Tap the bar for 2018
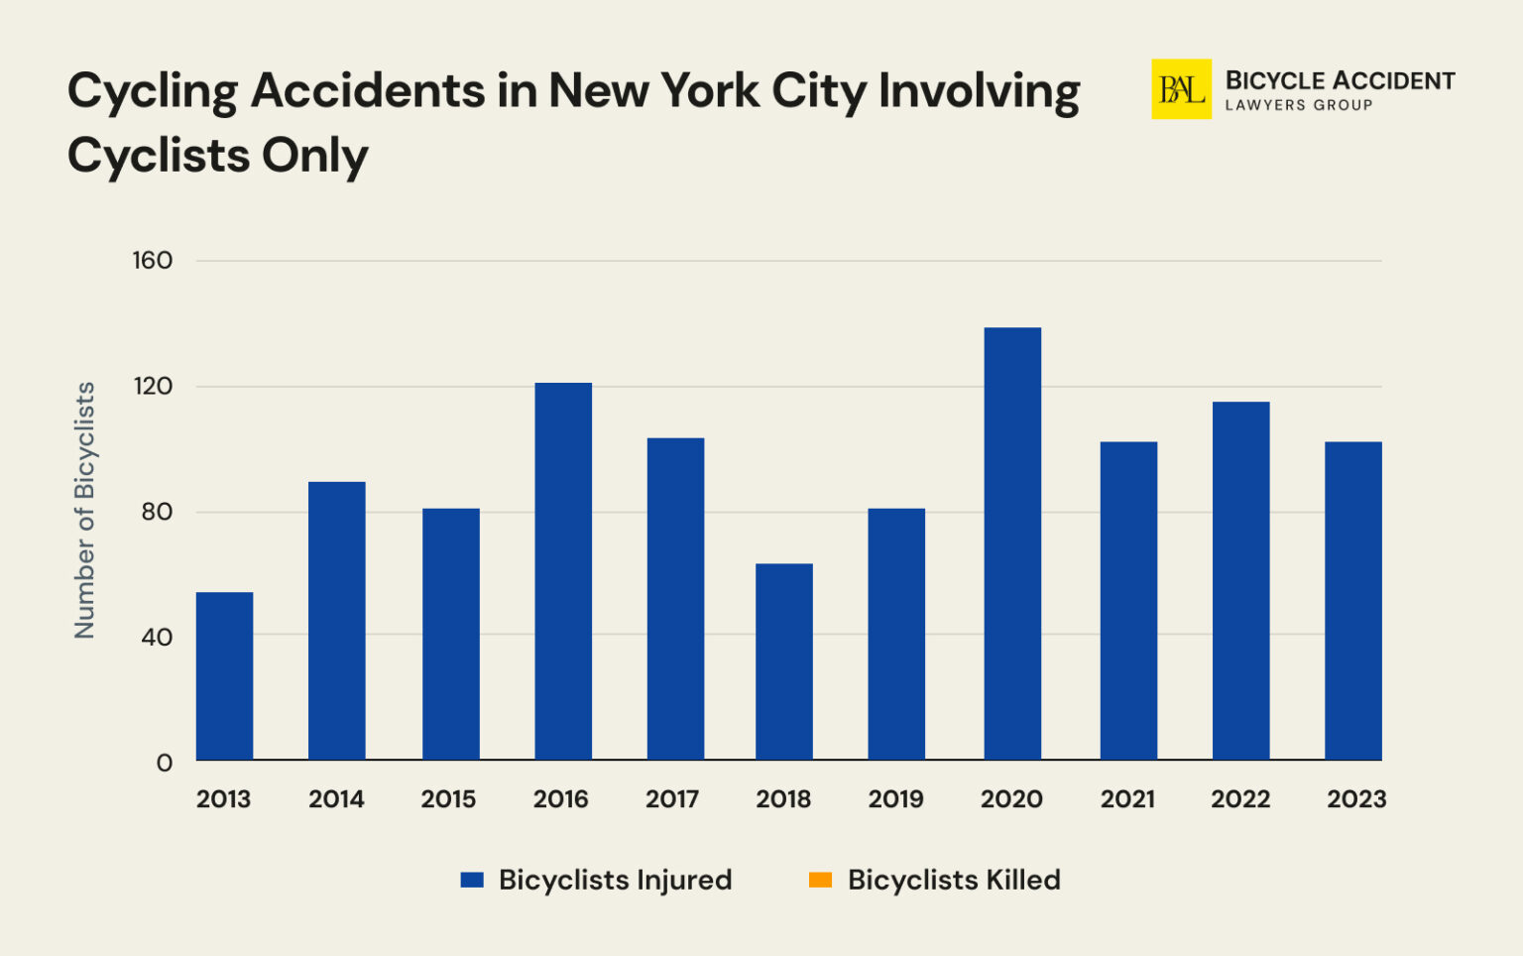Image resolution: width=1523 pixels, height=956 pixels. (x=783, y=661)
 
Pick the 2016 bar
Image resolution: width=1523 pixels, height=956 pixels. (x=563, y=571)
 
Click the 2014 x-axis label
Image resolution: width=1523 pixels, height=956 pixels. (x=336, y=799)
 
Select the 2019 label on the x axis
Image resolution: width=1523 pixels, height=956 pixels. (x=895, y=799)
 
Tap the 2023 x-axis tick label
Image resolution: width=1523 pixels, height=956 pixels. (x=1356, y=799)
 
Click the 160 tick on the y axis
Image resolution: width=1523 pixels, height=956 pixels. (x=153, y=261)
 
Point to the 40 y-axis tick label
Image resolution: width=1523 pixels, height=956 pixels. (x=157, y=637)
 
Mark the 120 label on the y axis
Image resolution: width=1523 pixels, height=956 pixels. (x=153, y=386)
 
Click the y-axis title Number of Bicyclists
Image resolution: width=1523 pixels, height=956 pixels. (x=85, y=510)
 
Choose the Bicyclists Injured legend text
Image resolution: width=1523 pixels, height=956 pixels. (x=615, y=880)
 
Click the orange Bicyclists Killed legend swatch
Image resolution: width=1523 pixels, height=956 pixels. (x=820, y=880)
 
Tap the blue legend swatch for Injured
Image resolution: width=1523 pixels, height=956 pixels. (x=472, y=880)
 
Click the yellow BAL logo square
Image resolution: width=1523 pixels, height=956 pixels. (x=1181, y=89)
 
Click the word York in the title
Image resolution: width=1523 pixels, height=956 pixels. (x=710, y=91)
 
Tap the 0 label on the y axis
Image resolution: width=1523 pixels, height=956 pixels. (x=165, y=763)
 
